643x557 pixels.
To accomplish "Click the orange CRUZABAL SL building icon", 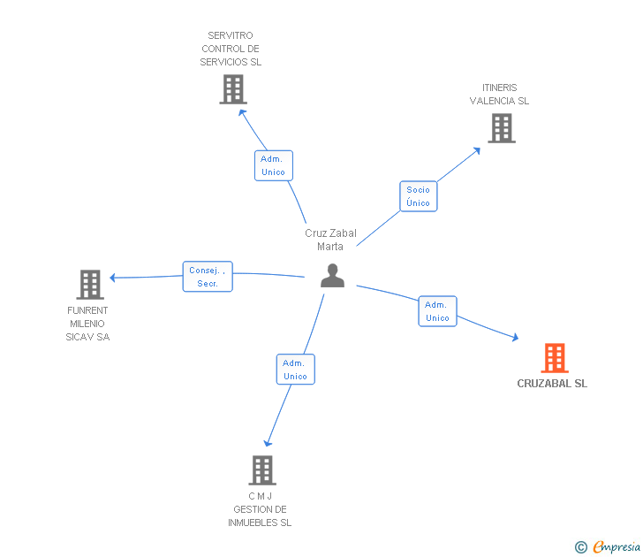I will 555,358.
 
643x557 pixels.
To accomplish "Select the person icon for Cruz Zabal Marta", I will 332,276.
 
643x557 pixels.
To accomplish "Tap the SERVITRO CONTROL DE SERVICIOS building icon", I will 232,89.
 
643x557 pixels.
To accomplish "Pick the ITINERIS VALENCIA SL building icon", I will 502,128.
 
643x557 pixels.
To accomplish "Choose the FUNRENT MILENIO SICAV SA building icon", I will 90,285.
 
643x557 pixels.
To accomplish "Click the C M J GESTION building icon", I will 262,470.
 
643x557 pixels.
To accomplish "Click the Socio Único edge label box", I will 418,196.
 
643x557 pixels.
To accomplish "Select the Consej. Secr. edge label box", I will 208,277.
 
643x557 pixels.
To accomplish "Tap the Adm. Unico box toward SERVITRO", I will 273,165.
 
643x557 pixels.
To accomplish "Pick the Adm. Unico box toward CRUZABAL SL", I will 437,311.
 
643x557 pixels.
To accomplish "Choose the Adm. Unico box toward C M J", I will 295,370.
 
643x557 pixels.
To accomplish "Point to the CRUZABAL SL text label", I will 552,384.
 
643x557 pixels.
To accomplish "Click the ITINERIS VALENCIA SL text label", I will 499,95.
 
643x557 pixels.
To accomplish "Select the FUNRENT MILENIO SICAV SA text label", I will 88,324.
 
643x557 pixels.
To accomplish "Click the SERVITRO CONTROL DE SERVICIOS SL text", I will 231,50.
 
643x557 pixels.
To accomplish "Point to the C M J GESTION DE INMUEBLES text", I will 260,509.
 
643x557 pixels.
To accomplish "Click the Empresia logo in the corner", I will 616,547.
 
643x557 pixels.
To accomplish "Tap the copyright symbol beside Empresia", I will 580,547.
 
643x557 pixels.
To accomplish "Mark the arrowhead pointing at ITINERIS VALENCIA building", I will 478,149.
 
